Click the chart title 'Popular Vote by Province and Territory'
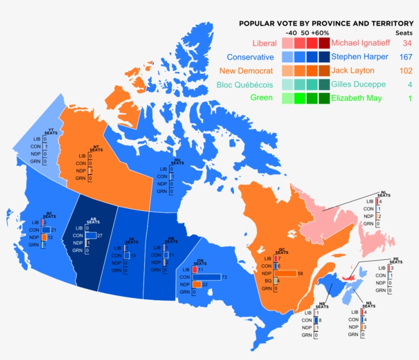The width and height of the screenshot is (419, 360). click(x=326, y=24)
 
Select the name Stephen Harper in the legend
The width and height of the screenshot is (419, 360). click(x=359, y=57)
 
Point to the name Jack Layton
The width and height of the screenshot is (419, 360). click(x=353, y=71)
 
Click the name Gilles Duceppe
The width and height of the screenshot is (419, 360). click(x=358, y=84)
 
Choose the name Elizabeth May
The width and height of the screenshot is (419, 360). click(x=356, y=98)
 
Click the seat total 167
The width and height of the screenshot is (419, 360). click(x=405, y=57)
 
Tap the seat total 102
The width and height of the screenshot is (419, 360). click(x=405, y=71)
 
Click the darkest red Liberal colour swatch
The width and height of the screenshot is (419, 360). click(x=324, y=43)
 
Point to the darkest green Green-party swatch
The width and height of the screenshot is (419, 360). click(x=324, y=98)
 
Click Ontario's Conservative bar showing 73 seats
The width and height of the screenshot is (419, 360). click(x=206, y=277)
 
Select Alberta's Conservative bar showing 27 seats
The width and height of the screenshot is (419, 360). click(x=90, y=235)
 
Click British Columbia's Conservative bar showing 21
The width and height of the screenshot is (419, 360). click(x=46, y=230)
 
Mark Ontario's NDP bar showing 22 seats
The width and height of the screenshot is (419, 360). click(x=196, y=284)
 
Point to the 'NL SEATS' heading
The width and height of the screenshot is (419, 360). click(x=384, y=194)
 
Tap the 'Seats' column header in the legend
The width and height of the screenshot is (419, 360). click(x=404, y=33)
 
